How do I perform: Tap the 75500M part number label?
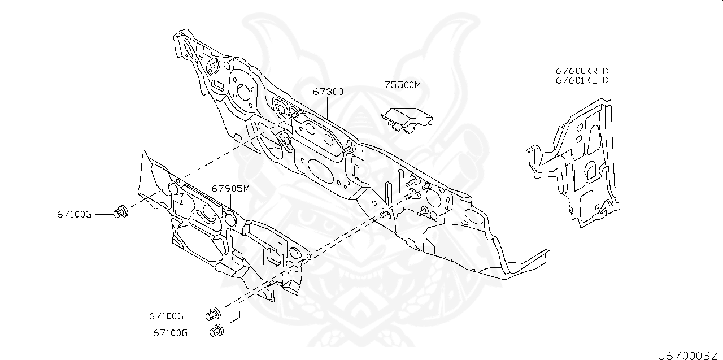pyautogui.click(x=403, y=85)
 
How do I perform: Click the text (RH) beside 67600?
pyautogui.click(x=598, y=71)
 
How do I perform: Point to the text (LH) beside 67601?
pyautogui.click(x=598, y=80)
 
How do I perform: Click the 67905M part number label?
pyautogui.click(x=230, y=189)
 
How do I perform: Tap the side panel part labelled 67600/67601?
pyautogui.click(x=582, y=164)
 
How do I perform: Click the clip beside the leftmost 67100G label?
pyautogui.click(x=120, y=213)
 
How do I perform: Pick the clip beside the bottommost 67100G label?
pyautogui.click(x=215, y=332)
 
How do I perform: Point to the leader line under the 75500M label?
pyautogui.click(x=403, y=98)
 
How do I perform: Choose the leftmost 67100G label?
pyautogui.click(x=74, y=214)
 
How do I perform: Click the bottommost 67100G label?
pyautogui.click(x=169, y=333)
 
